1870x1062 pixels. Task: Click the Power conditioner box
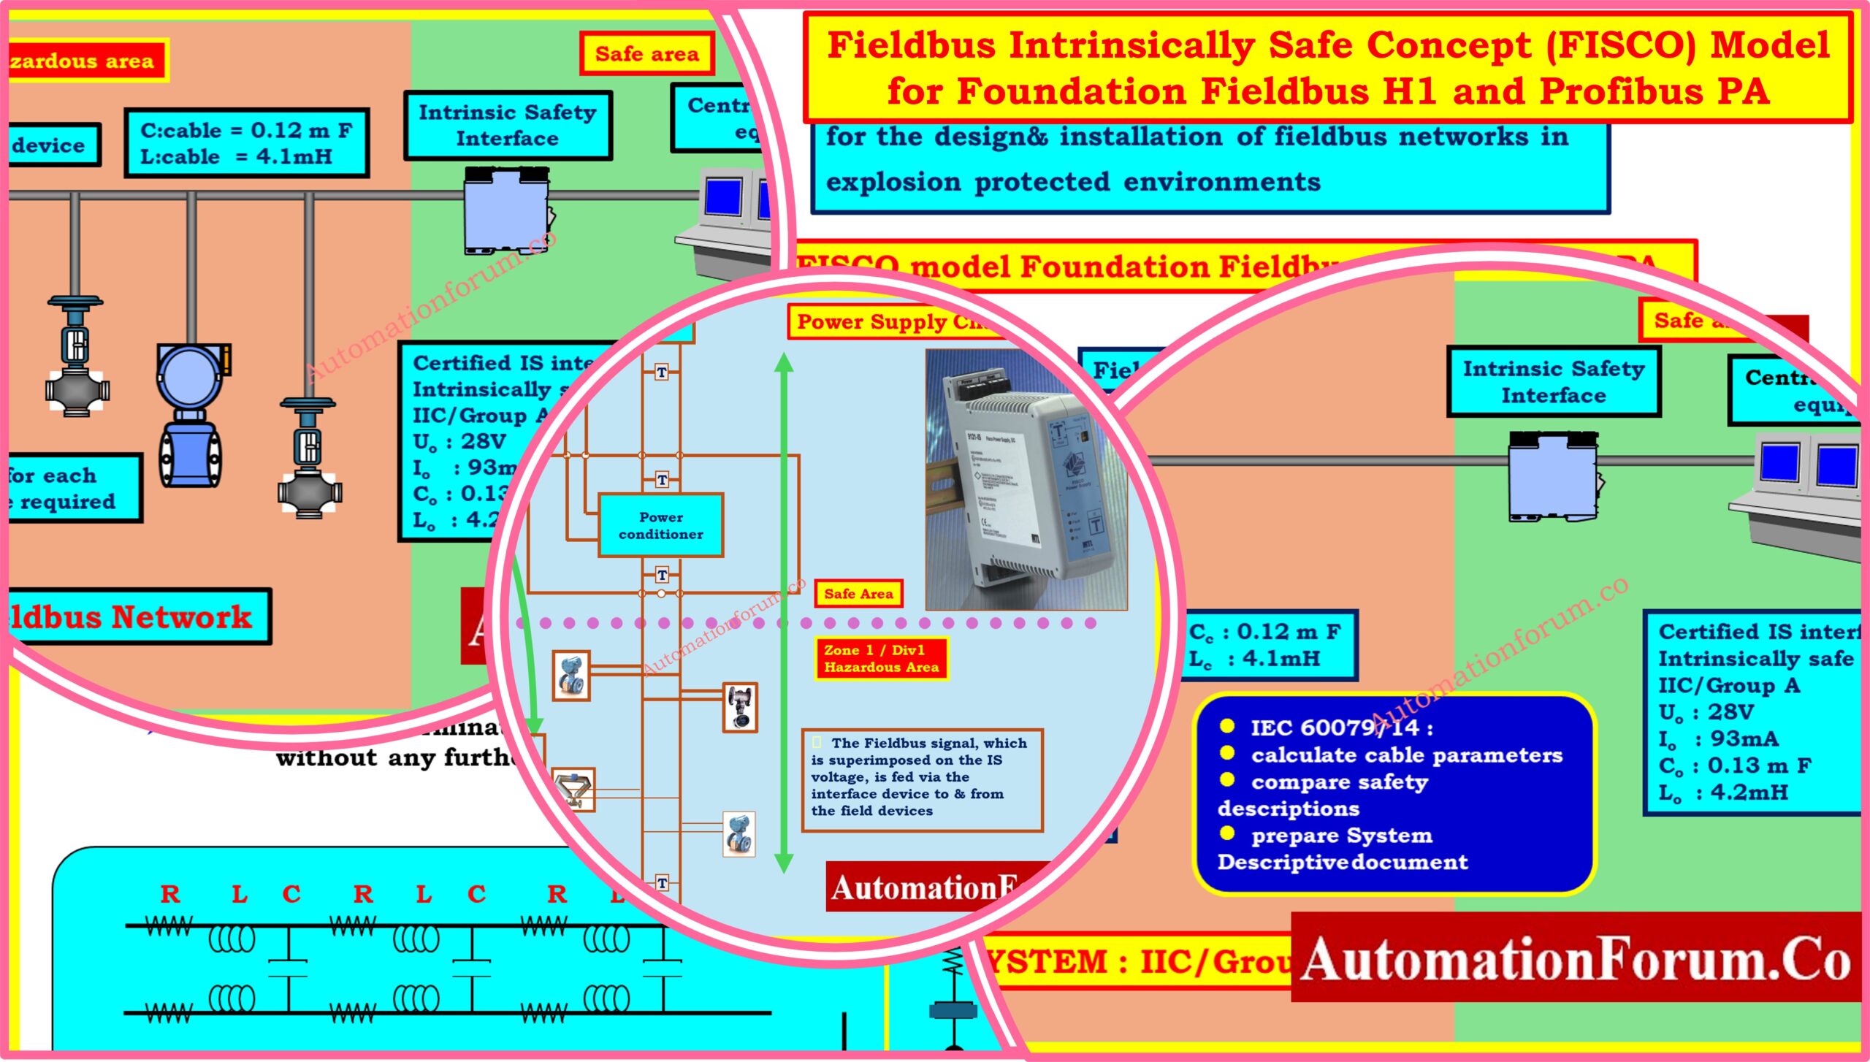click(x=660, y=525)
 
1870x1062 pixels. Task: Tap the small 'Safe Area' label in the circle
click(x=858, y=594)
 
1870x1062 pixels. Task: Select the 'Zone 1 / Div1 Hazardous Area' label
click(x=881, y=658)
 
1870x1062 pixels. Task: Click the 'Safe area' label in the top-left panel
click(x=646, y=54)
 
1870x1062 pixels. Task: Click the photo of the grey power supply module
click(x=1026, y=478)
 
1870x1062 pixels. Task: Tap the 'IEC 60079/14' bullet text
click(x=1341, y=727)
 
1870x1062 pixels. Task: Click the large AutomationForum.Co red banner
click(x=1576, y=958)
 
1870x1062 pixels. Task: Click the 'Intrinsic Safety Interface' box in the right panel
click(x=1553, y=381)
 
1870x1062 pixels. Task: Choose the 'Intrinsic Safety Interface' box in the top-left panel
click(x=508, y=125)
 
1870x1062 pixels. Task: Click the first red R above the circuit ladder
click(x=170, y=894)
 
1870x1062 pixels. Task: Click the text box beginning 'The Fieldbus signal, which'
click(x=921, y=778)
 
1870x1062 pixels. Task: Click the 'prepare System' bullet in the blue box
click(x=1340, y=835)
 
